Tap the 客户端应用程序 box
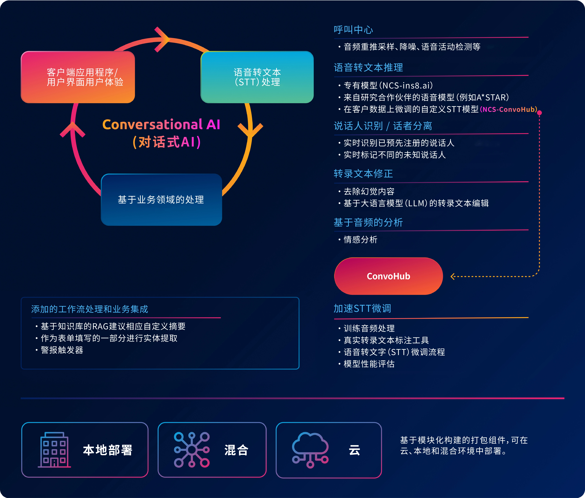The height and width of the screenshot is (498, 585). coord(78,77)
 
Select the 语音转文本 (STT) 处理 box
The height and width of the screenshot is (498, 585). coord(257,77)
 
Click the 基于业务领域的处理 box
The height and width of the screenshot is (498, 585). coord(161,199)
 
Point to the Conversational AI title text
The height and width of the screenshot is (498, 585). coord(161,124)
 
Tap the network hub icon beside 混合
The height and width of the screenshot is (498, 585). coord(192,450)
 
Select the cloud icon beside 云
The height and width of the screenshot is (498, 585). coord(310,450)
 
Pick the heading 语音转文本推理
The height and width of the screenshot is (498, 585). coord(368,67)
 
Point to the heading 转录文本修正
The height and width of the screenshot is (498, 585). coord(363,173)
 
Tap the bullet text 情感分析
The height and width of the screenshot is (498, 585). coord(360,240)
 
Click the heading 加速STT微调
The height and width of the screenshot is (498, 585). coord(362,308)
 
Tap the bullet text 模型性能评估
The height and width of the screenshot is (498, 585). coord(369,364)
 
